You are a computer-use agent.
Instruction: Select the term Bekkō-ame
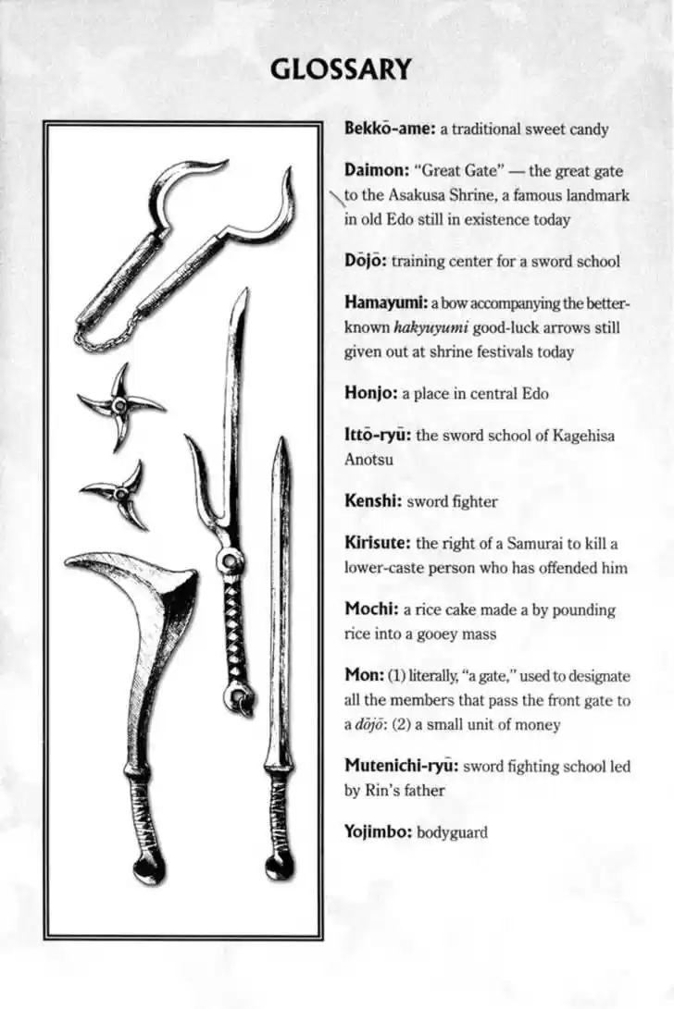click(x=390, y=129)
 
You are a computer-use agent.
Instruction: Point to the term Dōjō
click(x=365, y=261)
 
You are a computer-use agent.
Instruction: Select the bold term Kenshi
click(x=372, y=501)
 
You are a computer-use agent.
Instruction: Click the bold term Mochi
click(x=371, y=609)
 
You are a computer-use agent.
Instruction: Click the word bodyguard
click(x=452, y=832)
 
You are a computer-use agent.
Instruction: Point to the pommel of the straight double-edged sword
click(x=279, y=866)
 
